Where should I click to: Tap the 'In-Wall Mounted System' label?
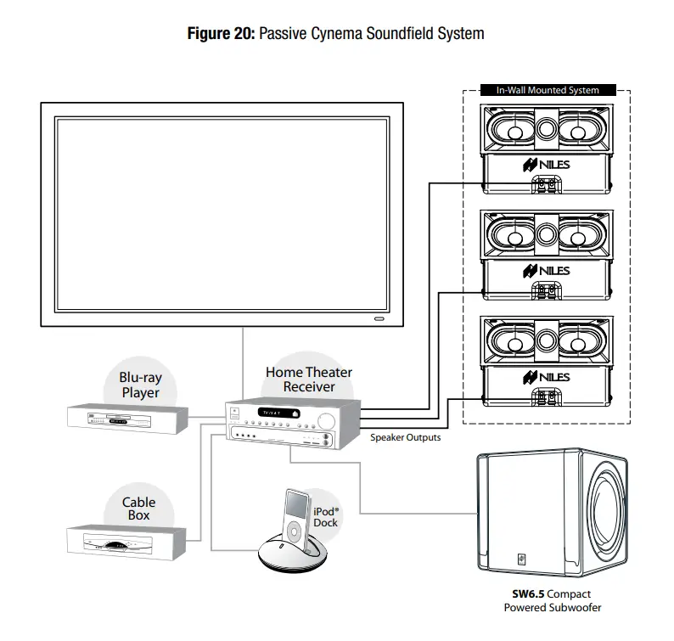pos(548,90)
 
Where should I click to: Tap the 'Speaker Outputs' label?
pos(405,438)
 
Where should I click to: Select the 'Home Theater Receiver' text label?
pos(308,380)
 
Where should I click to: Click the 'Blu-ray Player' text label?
pos(139,386)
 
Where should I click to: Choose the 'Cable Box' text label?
pos(138,509)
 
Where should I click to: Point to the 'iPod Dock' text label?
pos(326,517)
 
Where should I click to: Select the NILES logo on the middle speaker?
pos(547,271)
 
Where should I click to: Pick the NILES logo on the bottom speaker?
pos(547,377)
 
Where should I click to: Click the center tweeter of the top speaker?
pos(547,129)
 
